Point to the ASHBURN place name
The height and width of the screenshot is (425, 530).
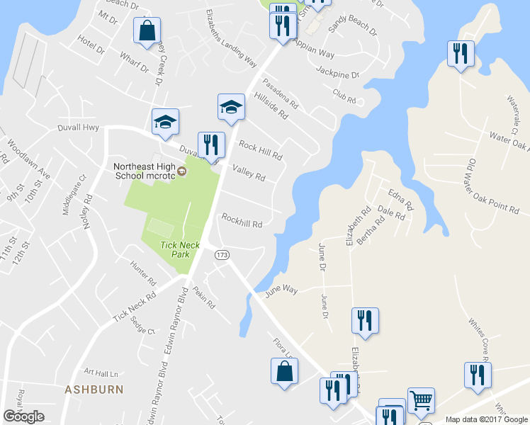94,390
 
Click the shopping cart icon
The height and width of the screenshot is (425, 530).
421,400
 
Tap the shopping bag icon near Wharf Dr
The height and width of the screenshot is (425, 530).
147,31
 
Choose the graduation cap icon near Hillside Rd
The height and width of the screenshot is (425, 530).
230,107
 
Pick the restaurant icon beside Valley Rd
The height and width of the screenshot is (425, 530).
210,145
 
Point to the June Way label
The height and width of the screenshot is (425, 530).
281,290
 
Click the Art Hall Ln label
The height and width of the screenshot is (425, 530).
99,371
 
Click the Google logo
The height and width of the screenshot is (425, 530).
24,416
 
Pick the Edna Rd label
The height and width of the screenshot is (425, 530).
400,199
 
